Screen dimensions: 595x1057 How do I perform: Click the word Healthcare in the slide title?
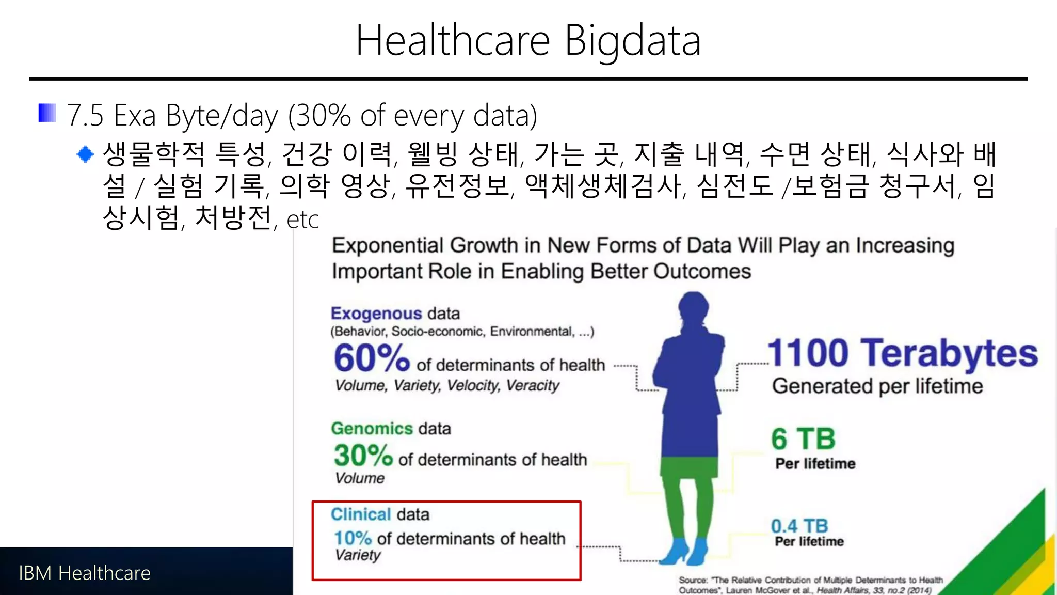click(453, 41)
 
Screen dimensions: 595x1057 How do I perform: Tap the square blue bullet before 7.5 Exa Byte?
click(47, 113)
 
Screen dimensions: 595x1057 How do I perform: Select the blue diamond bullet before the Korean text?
click(85, 154)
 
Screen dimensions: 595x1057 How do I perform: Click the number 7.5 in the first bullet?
click(86, 115)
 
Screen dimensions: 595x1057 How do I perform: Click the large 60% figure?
click(372, 358)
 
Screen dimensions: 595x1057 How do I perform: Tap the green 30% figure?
click(363, 456)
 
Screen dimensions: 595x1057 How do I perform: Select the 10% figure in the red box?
click(353, 538)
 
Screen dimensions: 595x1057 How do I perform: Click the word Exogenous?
click(376, 314)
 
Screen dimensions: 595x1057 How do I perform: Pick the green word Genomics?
click(372, 429)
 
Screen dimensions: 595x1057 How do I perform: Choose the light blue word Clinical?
click(361, 514)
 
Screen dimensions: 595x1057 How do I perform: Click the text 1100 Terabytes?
click(902, 353)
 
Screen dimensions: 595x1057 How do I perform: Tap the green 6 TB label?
click(803, 439)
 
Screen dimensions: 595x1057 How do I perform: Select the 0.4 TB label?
click(799, 526)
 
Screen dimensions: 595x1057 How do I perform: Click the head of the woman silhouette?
click(693, 308)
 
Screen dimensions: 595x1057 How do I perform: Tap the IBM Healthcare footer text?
click(85, 573)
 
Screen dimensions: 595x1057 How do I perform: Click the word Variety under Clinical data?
click(358, 555)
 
